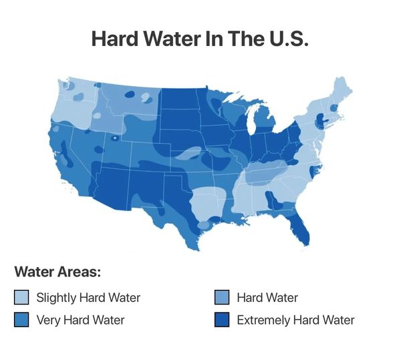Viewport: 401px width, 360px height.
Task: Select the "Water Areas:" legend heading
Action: point(57,273)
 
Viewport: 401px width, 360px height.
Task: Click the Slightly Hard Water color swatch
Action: point(21,297)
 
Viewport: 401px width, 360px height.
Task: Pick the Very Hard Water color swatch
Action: point(21,320)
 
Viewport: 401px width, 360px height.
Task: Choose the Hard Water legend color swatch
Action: point(222,297)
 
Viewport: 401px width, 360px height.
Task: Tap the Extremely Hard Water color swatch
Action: point(222,320)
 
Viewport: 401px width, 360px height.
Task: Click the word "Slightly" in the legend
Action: point(56,297)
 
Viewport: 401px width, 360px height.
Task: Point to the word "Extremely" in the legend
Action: point(263,320)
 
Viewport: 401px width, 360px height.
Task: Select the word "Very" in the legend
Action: point(49,320)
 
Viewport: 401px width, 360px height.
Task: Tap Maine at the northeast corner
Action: point(341,90)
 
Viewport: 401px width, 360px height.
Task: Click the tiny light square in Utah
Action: point(114,139)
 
